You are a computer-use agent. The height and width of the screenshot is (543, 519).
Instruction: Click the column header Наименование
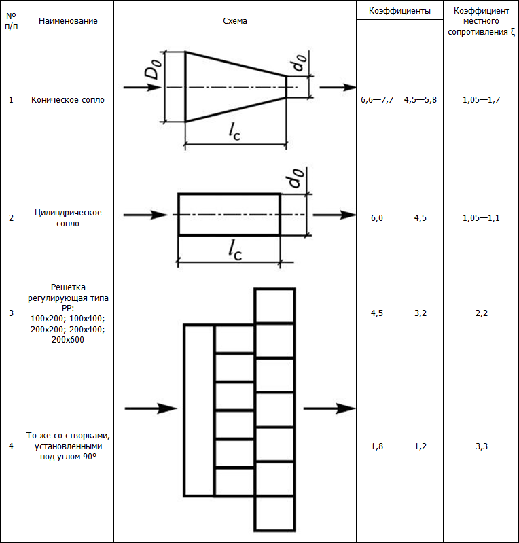(x=68, y=21)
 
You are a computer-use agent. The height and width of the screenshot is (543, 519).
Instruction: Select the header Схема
(x=235, y=21)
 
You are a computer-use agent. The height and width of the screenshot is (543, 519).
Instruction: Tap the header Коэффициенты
(x=399, y=12)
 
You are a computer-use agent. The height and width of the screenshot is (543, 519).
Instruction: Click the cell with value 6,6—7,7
(x=377, y=100)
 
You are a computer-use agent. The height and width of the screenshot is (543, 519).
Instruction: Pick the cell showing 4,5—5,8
(x=420, y=100)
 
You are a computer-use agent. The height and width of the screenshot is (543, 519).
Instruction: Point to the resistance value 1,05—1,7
(x=481, y=100)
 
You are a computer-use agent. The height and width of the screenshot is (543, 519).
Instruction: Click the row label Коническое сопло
(x=68, y=100)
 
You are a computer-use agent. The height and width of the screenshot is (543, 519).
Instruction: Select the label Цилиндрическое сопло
(x=68, y=218)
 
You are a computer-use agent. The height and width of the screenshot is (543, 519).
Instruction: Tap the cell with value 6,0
(x=377, y=218)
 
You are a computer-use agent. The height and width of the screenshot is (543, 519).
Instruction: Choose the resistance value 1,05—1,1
(x=481, y=218)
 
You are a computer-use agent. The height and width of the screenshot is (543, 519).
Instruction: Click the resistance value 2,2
(x=481, y=313)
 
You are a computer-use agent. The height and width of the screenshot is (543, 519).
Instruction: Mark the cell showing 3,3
(x=481, y=446)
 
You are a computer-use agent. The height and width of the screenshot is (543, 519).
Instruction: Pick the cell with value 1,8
(x=377, y=446)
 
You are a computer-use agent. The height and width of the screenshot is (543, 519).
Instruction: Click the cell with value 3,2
(x=420, y=313)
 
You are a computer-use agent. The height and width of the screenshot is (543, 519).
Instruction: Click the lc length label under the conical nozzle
(x=234, y=133)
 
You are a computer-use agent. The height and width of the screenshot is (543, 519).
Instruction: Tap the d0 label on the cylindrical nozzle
(x=295, y=179)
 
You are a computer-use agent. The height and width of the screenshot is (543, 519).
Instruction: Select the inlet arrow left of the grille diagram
(x=151, y=408)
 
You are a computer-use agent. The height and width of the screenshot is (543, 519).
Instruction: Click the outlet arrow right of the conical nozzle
(x=337, y=87)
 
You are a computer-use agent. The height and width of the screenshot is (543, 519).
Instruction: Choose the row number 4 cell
(x=11, y=446)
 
